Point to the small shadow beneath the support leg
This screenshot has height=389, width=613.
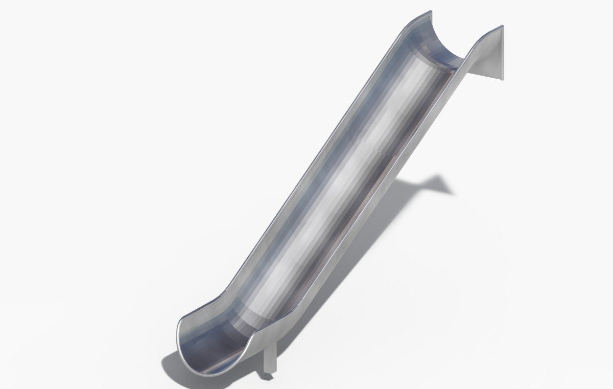[267, 378]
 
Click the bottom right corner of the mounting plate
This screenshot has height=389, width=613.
[503, 79]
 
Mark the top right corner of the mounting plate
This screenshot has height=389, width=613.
[503, 26]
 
